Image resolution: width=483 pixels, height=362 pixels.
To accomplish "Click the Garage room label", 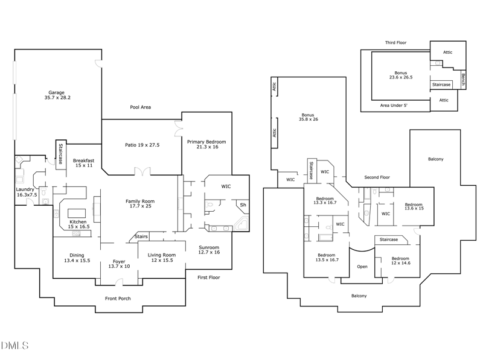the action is tap(57, 95).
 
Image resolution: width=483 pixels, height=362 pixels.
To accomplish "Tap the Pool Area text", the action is tap(141, 107).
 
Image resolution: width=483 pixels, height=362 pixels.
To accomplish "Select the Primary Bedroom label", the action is tap(206, 144).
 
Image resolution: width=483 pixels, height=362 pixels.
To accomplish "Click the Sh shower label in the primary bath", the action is tap(243, 205).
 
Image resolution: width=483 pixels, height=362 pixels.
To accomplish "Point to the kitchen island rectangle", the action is tap(77, 214).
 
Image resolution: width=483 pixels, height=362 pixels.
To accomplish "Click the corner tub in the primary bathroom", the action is tap(241, 224).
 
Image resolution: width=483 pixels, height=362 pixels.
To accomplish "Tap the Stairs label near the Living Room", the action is tap(141, 237).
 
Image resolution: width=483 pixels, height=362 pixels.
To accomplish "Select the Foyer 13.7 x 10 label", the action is tap(119, 264).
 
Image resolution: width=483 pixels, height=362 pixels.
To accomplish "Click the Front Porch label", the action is tap(118, 298).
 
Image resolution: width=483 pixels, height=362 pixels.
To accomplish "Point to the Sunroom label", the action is tap(209, 250).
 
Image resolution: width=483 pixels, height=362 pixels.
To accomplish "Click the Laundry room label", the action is tap(26, 192).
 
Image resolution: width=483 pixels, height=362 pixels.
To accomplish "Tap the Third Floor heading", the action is tap(396, 42).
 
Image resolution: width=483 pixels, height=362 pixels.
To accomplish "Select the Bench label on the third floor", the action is tap(463, 80).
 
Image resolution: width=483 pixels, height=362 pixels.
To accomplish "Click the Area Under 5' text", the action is tap(394, 105).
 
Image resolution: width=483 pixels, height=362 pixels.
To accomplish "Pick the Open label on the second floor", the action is tap(362, 267).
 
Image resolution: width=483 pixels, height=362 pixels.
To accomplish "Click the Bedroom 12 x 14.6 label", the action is tap(400, 261).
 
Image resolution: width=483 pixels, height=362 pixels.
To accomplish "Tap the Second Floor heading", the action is tap(377, 177).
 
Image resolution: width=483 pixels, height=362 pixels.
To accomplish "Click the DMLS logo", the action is tap(14, 345).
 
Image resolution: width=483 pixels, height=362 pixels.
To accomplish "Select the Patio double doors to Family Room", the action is tap(142, 171).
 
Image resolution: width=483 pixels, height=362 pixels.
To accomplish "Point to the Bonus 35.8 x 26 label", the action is tap(308, 117).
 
